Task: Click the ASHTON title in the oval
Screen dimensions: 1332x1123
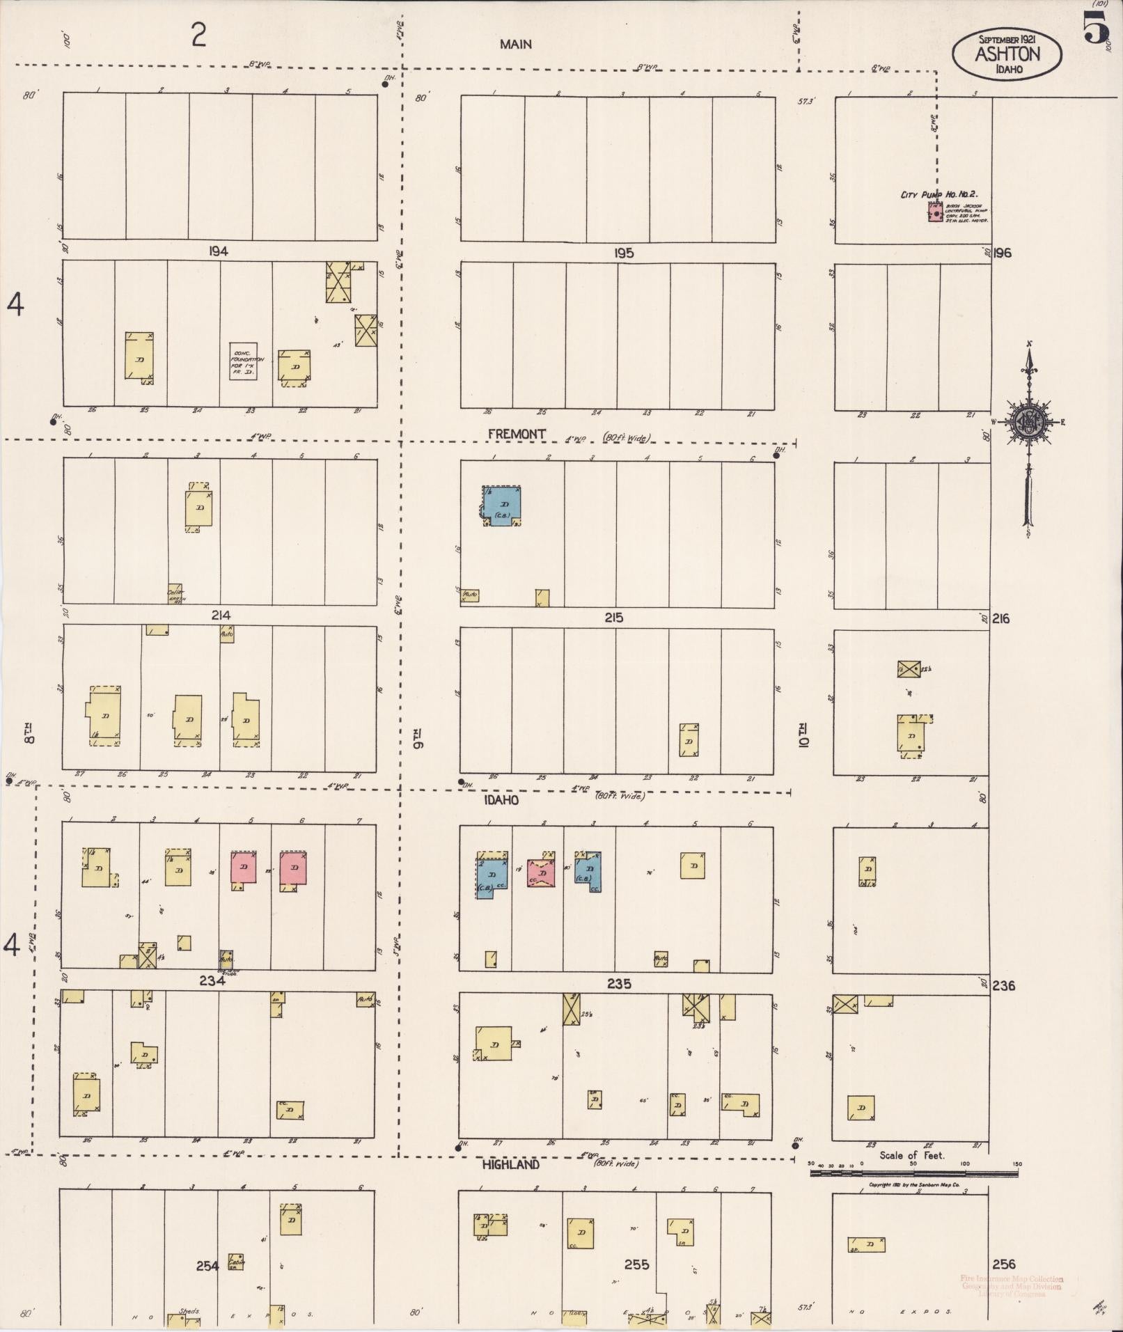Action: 1007,54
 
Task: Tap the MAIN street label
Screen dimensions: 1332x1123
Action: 515,44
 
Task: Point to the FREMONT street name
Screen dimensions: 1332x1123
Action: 517,434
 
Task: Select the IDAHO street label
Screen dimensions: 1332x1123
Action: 501,800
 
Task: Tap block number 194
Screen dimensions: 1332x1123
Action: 218,251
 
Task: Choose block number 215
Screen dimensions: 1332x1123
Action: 613,618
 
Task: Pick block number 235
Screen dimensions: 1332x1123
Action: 618,984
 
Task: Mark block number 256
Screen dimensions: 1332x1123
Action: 1003,1264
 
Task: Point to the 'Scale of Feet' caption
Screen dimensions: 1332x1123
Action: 911,1155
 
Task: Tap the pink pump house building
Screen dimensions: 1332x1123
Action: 935,212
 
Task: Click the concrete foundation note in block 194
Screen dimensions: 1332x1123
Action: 244,361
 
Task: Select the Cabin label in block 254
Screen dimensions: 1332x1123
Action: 236,1261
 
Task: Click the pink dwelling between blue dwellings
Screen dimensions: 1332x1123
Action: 542,874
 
